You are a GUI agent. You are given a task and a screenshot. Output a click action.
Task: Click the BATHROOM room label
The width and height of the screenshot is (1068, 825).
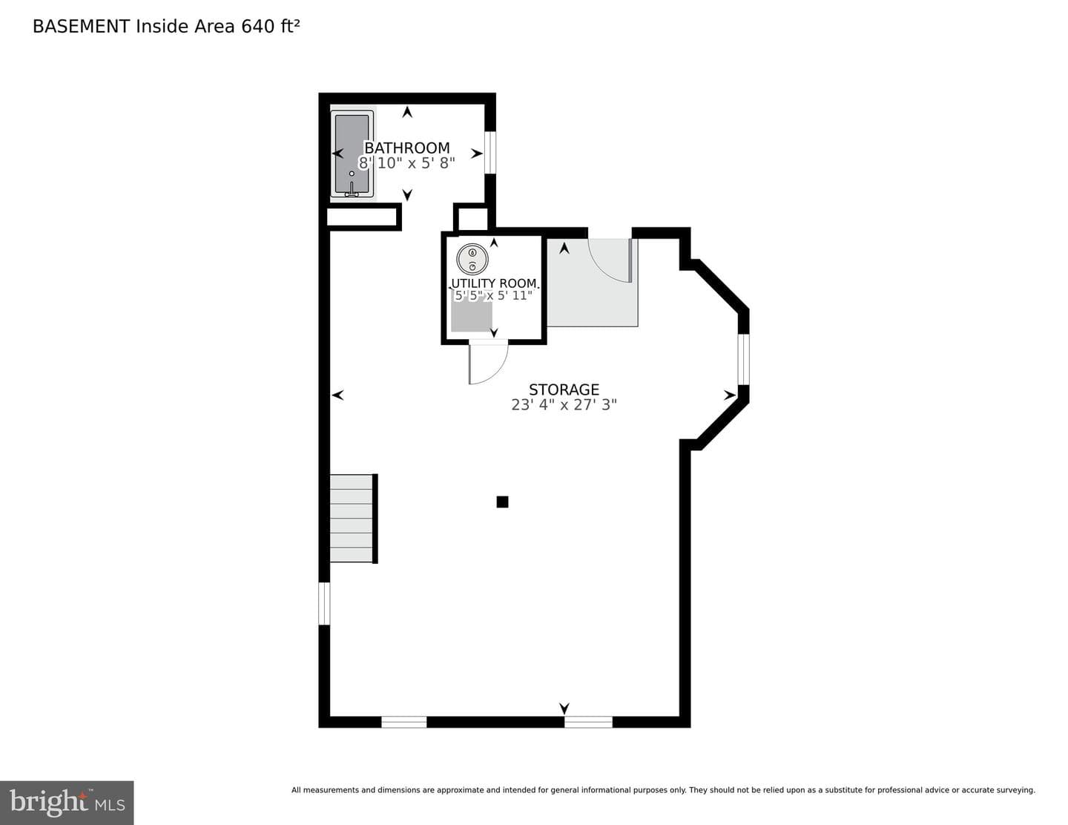click(406, 148)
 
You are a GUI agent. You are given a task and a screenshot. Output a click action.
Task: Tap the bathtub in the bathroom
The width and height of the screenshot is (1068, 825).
click(352, 154)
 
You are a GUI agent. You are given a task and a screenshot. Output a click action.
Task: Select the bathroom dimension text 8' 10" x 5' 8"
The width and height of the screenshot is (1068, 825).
click(406, 163)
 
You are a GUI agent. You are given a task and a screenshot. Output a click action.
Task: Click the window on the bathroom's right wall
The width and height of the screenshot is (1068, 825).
click(490, 152)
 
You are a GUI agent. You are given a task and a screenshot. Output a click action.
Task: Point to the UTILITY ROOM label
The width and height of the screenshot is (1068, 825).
click(493, 283)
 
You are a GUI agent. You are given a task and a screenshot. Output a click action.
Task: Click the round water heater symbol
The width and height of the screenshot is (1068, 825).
click(472, 259)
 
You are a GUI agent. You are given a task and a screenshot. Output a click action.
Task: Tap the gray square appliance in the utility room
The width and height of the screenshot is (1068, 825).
click(472, 316)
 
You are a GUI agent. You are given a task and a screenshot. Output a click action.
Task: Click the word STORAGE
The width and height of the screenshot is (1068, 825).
click(564, 390)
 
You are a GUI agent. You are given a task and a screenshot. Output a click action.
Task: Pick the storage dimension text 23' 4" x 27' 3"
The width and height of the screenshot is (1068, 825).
click(564, 404)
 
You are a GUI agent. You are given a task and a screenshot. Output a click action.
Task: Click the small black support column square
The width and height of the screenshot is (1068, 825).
click(502, 502)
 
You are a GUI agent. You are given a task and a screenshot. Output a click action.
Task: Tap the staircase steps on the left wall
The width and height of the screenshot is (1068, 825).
click(352, 518)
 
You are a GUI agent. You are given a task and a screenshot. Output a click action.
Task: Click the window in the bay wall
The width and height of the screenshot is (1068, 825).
click(744, 359)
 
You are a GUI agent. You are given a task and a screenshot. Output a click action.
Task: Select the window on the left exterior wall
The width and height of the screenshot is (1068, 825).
click(324, 603)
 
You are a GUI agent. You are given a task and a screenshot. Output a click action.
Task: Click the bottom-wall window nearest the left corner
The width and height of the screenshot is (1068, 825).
click(404, 722)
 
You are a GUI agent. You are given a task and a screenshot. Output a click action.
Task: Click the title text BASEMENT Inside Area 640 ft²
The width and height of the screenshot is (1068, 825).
click(166, 27)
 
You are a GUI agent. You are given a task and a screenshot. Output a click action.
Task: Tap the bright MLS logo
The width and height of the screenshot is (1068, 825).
click(67, 803)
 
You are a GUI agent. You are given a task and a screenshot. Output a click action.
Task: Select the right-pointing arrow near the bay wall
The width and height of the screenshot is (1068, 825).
click(729, 395)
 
